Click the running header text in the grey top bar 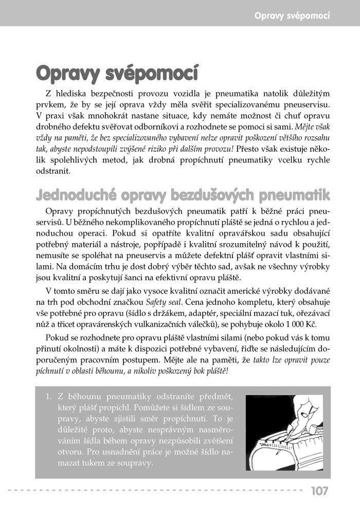(x=292, y=15)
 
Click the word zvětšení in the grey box (x=219, y=441)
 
